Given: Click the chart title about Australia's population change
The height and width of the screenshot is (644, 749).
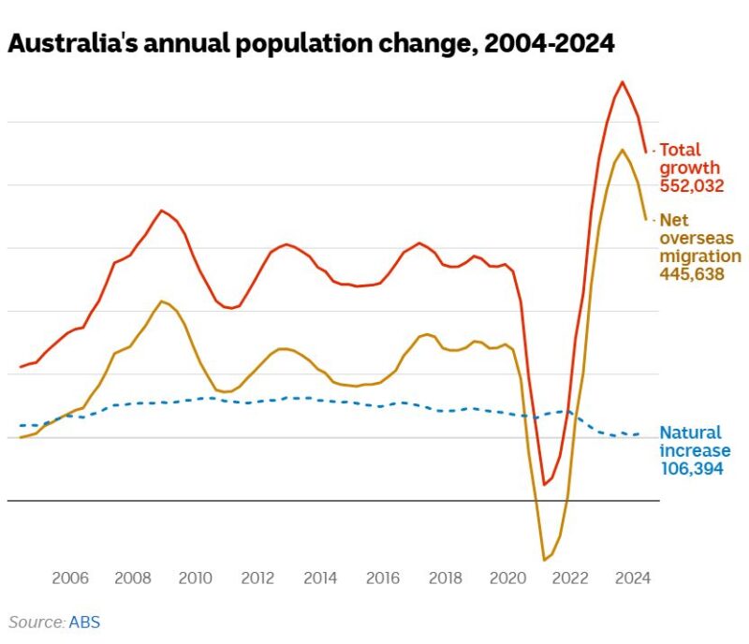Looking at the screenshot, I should click(x=311, y=44).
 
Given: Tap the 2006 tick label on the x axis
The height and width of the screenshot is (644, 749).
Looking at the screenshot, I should click(x=70, y=578).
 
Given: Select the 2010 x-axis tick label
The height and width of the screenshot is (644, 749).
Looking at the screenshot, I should click(x=195, y=578).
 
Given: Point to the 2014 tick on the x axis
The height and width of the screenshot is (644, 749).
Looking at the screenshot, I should click(x=320, y=578).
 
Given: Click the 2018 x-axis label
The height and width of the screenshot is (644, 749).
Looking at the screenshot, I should click(x=445, y=578).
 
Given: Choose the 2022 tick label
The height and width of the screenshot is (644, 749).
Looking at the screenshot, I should click(x=569, y=578).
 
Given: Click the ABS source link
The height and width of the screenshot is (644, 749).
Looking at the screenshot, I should click(x=84, y=622).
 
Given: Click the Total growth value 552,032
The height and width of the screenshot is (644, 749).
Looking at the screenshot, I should click(x=691, y=186).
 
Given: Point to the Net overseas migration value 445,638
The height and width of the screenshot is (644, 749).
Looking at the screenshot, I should click(x=692, y=275).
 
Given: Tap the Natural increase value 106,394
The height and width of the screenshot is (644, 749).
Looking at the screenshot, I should click(x=691, y=469).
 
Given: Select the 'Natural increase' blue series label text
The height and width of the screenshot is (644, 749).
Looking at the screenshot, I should click(x=694, y=442).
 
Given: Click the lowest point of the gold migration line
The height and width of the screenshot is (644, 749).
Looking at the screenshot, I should click(x=544, y=560).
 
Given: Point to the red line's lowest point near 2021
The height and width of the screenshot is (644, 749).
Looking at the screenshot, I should click(x=544, y=484).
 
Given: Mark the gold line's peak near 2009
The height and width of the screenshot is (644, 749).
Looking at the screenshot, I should click(x=162, y=301).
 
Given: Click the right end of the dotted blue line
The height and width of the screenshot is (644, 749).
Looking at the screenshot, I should click(x=640, y=434).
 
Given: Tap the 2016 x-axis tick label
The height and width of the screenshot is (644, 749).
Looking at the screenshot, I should click(x=382, y=578).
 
